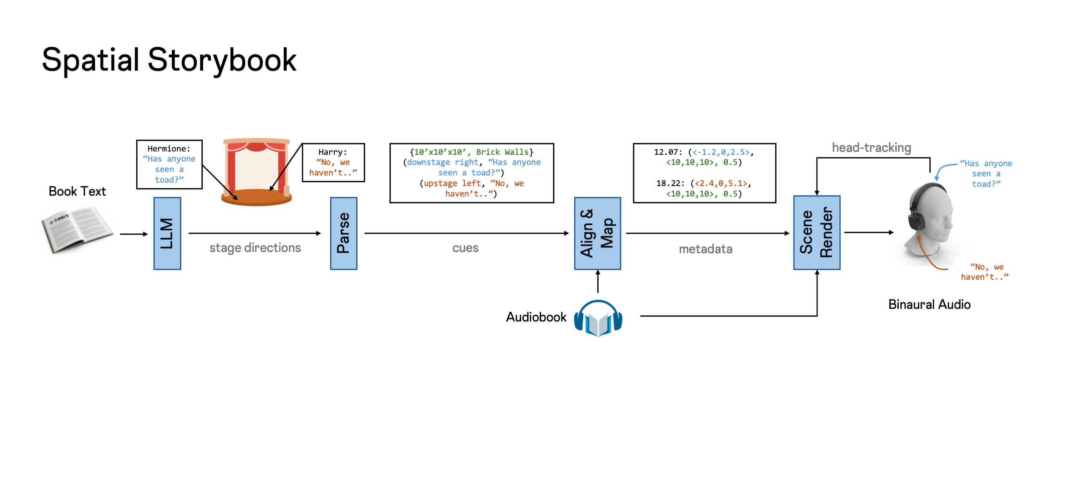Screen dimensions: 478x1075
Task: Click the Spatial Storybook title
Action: pos(169,60)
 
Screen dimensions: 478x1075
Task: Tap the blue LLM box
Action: pos(167,233)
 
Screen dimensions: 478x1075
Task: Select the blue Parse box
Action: pos(343,233)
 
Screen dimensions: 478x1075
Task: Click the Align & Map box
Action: pos(597,233)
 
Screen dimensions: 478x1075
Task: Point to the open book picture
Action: pos(77,229)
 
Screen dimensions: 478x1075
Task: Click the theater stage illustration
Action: pos(256,172)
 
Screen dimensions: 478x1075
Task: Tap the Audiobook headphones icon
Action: pos(598,318)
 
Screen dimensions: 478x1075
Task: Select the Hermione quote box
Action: pos(169,164)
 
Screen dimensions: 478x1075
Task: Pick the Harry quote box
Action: pos(333,162)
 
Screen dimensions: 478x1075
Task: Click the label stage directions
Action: pos(255,248)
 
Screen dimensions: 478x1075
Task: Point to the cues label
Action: pos(465,248)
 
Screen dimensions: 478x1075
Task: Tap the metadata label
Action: pos(705,249)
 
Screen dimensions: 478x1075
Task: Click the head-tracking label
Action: pos(871,148)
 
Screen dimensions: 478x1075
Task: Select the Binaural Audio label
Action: pos(929,305)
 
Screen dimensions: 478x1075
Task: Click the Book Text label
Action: pos(77,192)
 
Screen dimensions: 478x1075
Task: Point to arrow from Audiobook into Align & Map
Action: pos(597,282)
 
